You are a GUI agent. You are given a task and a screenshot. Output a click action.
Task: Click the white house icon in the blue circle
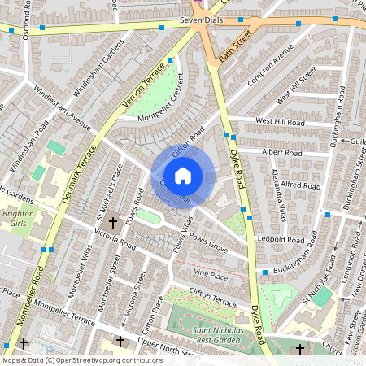pyautogui.click(x=183, y=175)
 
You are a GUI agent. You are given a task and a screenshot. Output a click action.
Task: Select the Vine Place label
pyautogui.click(x=211, y=277)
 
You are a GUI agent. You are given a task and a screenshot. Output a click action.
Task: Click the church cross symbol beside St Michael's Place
pyautogui.click(x=113, y=221)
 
